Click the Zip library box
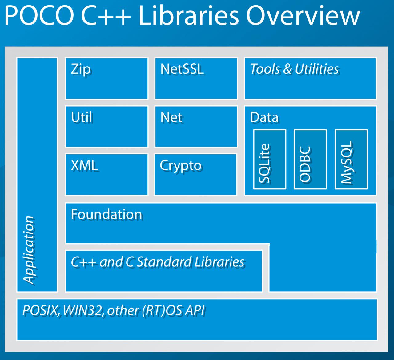[107, 78]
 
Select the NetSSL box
[196, 78]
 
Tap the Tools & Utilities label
[294, 69]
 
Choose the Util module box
[107, 127]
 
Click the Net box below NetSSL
[196, 127]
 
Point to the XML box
[107, 175]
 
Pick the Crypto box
[196, 175]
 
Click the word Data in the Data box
[264, 118]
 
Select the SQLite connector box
[270, 159]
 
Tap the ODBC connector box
[310, 159]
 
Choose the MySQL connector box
[351, 159]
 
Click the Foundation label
[107, 214]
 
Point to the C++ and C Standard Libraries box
[164, 271]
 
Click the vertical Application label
[29, 250]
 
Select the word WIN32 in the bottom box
[83, 310]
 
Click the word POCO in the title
[39, 16]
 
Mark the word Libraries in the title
[189, 16]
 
